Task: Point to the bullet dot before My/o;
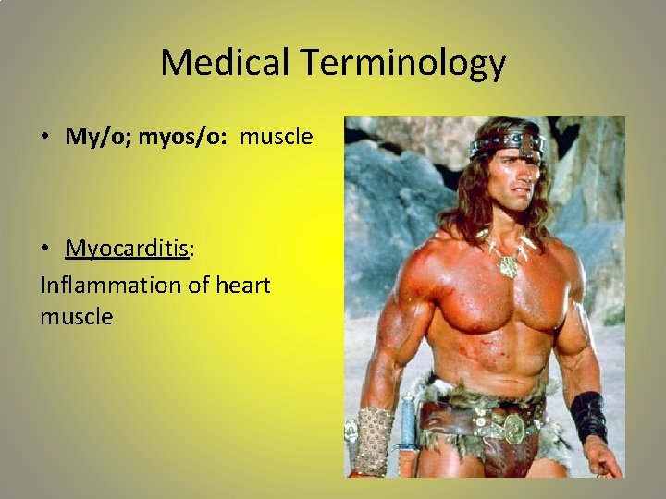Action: [x=44, y=138]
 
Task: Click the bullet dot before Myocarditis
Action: [x=44, y=249]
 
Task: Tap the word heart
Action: [x=242, y=285]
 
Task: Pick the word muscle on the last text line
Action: [x=76, y=317]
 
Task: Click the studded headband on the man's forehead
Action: [x=507, y=145]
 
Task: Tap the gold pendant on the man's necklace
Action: [x=509, y=266]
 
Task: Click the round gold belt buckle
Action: [x=513, y=427]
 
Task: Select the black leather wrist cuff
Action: [x=588, y=417]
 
